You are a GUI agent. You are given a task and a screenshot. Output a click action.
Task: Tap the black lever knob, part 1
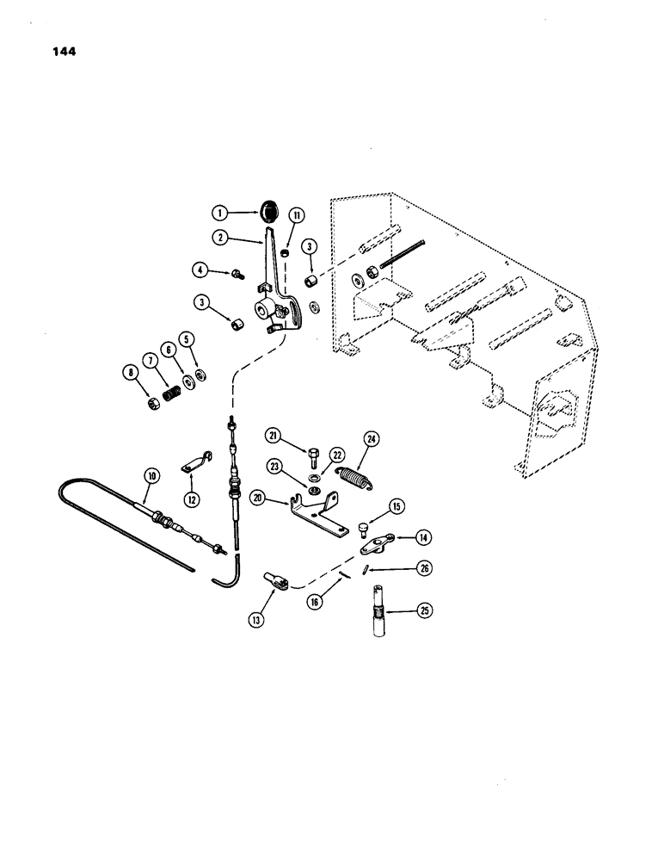point(271,209)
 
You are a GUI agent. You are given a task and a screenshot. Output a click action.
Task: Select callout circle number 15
point(397,507)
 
